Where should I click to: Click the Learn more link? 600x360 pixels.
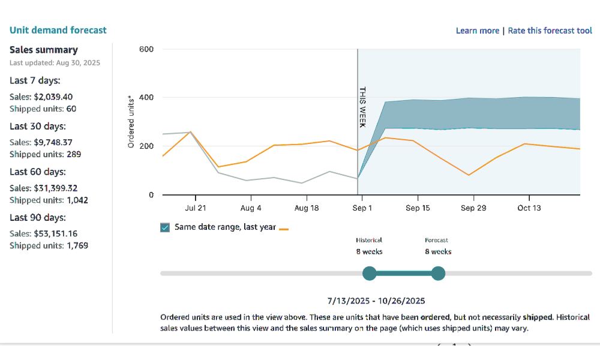[x=477, y=31]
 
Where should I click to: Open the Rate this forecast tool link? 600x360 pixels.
[x=550, y=31]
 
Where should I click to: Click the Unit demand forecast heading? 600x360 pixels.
[x=58, y=30]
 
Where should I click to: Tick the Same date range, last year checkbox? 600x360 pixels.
[x=165, y=227]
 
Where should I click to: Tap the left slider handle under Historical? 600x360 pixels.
[x=370, y=274]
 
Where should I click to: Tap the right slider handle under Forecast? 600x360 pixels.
[x=439, y=274]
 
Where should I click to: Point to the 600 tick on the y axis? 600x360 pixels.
[x=146, y=49]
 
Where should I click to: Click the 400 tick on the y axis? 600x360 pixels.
[x=146, y=98]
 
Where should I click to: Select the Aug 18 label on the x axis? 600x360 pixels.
[x=307, y=208]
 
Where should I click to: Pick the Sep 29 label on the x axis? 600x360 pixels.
[x=473, y=208]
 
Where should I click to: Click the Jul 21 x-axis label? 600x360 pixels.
[x=195, y=208]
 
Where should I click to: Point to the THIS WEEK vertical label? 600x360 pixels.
[x=362, y=107]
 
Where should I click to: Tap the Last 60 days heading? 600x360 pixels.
[x=38, y=172]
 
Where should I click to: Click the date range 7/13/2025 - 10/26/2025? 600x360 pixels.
[x=376, y=301]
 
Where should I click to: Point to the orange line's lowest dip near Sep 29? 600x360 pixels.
[x=469, y=175]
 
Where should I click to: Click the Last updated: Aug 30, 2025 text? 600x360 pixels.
[x=55, y=63]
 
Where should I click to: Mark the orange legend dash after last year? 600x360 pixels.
[x=284, y=229]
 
